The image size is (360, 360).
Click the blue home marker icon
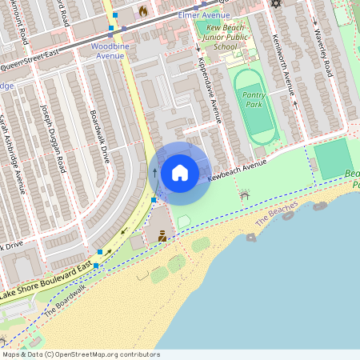tap(180, 172)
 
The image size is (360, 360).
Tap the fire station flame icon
tap(143, 11)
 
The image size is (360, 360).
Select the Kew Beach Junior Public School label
tap(216, 36)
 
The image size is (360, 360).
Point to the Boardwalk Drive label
tap(100, 137)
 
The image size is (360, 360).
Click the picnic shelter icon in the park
tap(245, 194)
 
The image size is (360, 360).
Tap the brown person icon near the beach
tap(162, 235)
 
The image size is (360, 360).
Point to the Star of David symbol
tap(277, 4)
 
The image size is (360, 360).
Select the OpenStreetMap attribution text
tap(80, 354)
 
